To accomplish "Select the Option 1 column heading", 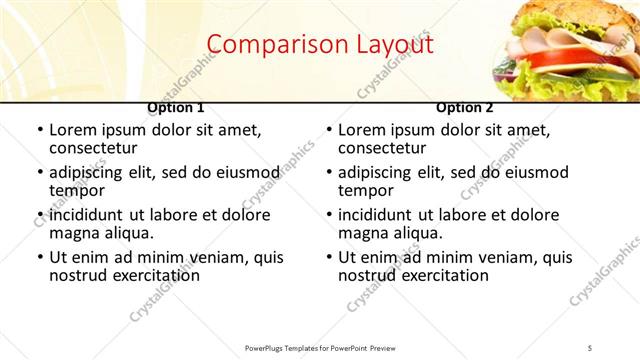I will [x=176, y=107].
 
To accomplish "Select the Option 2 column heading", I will [x=465, y=107].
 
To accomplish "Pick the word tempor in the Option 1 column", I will [x=76, y=191].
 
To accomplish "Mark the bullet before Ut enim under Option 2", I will [x=328, y=257].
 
